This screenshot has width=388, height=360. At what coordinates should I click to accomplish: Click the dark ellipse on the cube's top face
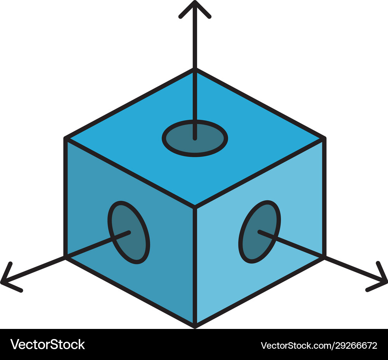[195, 138]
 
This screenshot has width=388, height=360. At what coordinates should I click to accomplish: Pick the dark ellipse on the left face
[129, 232]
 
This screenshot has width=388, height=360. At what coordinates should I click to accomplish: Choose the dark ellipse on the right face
[260, 232]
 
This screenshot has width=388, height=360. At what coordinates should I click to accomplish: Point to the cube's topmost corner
[195, 70]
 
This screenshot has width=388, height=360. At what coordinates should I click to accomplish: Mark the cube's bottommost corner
[195, 325]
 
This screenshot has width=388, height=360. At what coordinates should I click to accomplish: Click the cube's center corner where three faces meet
[195, 207]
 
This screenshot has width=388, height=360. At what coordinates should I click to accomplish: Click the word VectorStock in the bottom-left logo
[47, 344]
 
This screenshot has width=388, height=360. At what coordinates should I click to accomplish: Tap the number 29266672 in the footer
[352, 345]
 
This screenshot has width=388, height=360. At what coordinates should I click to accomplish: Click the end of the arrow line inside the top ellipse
[195, 137]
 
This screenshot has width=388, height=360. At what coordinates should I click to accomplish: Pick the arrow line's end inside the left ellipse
[128, 233]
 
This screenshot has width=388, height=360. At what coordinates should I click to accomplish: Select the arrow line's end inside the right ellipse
[260, 232]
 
